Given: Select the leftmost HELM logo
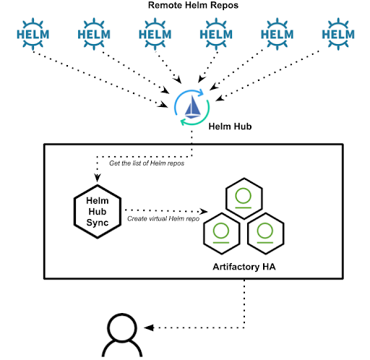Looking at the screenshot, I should [33, 33].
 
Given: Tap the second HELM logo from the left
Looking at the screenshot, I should [94, 33].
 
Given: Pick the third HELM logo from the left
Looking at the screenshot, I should [155, 33].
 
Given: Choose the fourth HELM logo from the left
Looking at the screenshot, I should [215, 33].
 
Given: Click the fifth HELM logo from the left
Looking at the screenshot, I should [276, 33].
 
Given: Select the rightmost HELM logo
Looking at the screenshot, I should [337, 33].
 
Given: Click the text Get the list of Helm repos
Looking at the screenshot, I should [149, 163].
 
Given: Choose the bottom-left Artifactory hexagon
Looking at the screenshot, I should [222, 232].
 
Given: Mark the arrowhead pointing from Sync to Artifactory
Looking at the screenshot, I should [205, 213].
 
